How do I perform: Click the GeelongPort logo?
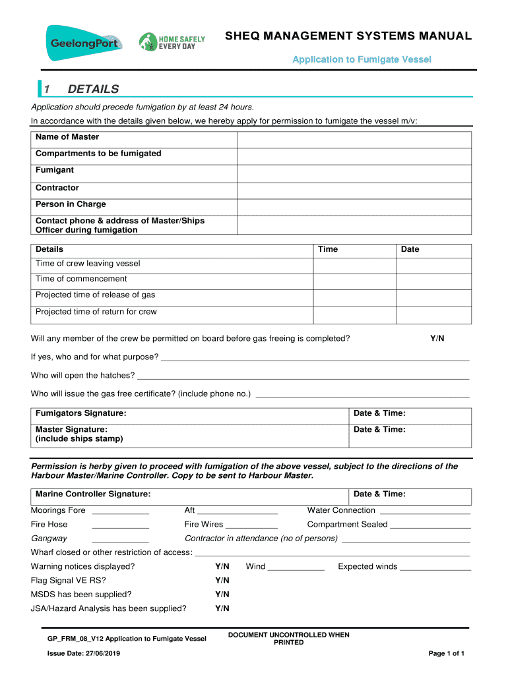pyautogui.click(x=84, y=42)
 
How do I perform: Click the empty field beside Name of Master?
pyautogui.click(x=354, y=139)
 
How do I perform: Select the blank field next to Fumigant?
pyautogui.click(x=354, y=173)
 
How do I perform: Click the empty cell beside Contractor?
pyautogui.click(x=354, y=190)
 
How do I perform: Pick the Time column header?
pyautogui.click(x=328, y=249)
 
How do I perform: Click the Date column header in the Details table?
pyautogui.click(x=410, y=249)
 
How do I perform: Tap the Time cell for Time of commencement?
pyautogui.click(x=354, y=281)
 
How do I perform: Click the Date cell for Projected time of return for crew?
pyautogui.click(x=433, y=315)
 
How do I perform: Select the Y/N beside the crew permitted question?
pyautogui.click(x=437, y=338)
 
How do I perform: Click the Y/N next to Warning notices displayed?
pyautogui.click(x=222, y=566)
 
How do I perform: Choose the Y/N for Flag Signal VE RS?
pyautogui.click(x=222, y=580)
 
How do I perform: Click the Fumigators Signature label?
pyautogui.click(x=81, y=413)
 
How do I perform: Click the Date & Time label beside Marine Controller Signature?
pyautogui.click(x=379, y=494)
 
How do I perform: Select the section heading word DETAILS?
pyautogui.click(x=93, y=89)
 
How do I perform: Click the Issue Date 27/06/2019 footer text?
pyautogui.click(x=84, y=653)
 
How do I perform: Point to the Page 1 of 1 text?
pyautogui.click(x=447, y=653)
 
